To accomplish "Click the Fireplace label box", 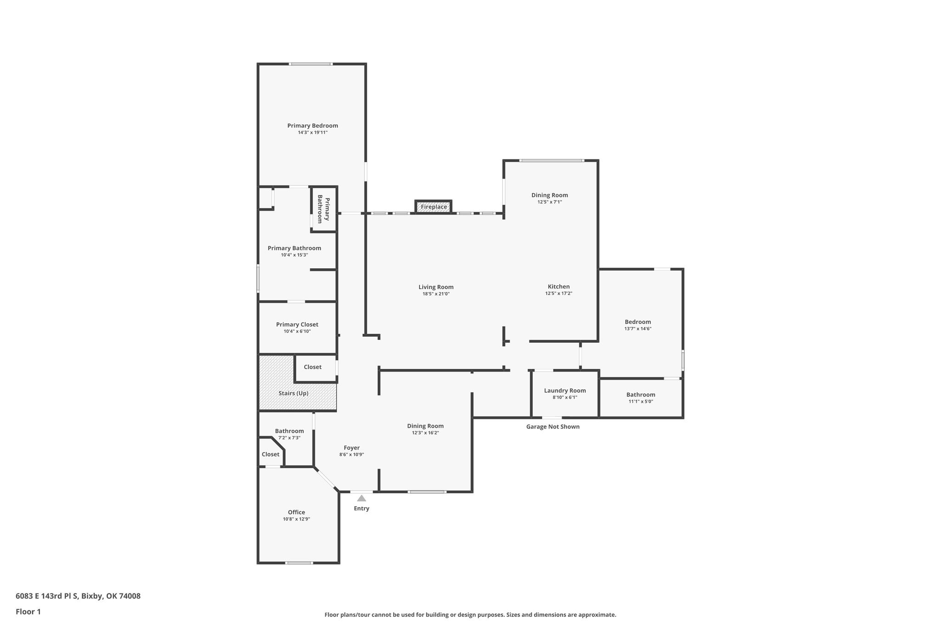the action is [x=434, y=207].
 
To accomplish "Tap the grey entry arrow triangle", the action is [x=362, y=498].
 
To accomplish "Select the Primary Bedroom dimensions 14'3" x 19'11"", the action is [x=312, y=132].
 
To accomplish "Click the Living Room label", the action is [x=436, y=287].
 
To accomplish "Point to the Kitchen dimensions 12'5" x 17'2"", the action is [x=559, y=294].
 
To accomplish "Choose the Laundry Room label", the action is [x=565, y=390].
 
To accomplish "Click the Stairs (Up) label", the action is [x=294, y=393].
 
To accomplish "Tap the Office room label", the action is [x=296, y=512].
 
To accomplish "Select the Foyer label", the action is [x=352, y=448].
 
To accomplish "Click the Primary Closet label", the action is [x=297, y=324].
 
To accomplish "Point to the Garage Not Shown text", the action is [x=553, y=427].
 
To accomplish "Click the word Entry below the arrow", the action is [x=362, y=508].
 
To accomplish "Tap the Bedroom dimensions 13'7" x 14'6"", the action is [x=638, y=328].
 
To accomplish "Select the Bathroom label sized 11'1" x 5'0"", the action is [x=641, y=395].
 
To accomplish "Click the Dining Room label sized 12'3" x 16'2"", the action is [x=425, y=426].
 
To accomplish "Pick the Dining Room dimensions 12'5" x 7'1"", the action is [x=550, y=202].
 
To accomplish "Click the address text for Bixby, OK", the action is [x=78, y=596].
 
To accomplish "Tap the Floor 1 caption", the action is [x=28, y=611].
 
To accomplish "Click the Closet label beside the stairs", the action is [x=312, y=367].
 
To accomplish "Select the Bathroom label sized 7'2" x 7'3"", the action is [x=289, y=431].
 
